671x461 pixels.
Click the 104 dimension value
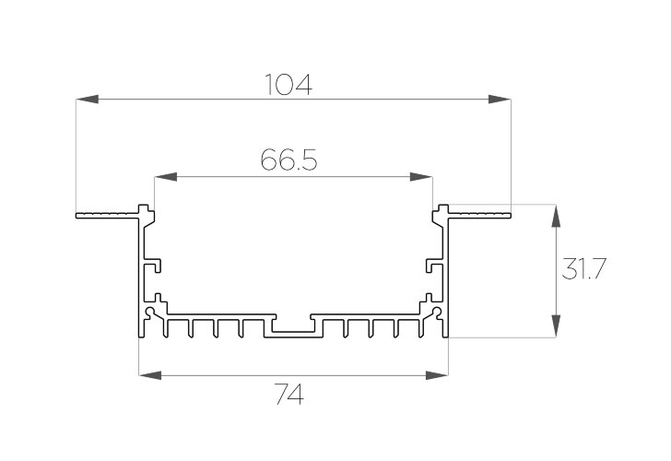[288, 84]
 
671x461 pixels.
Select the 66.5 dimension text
[288, 160]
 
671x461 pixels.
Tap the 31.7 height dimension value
[583, 269]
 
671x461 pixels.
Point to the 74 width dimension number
[289, 395]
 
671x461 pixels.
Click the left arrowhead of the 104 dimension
[88, 100]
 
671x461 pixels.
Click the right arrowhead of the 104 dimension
[500, 100]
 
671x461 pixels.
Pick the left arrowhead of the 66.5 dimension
[166, 177]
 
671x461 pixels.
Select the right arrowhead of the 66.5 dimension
[420, 177]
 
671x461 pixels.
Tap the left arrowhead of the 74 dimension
[150, 376]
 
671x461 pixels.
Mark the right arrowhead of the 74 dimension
[437, 376]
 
